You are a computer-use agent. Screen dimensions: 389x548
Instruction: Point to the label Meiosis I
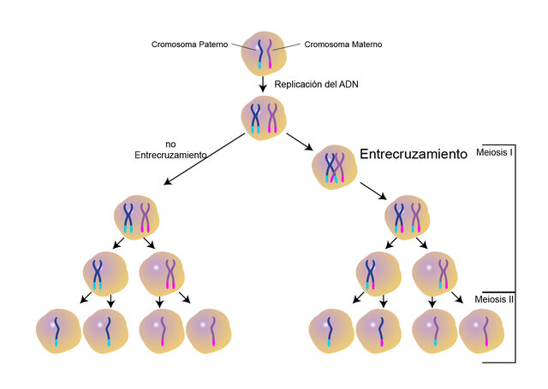[495, 155]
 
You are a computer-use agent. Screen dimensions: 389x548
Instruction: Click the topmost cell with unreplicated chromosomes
[264, 52]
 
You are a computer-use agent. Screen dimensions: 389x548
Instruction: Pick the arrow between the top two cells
[264, 83]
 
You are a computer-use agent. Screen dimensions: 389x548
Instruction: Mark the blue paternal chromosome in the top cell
[258, 52]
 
